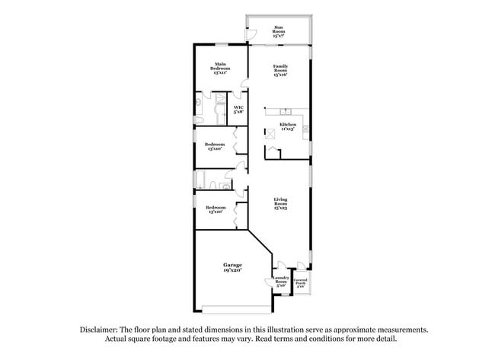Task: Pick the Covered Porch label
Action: coord(301,282)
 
